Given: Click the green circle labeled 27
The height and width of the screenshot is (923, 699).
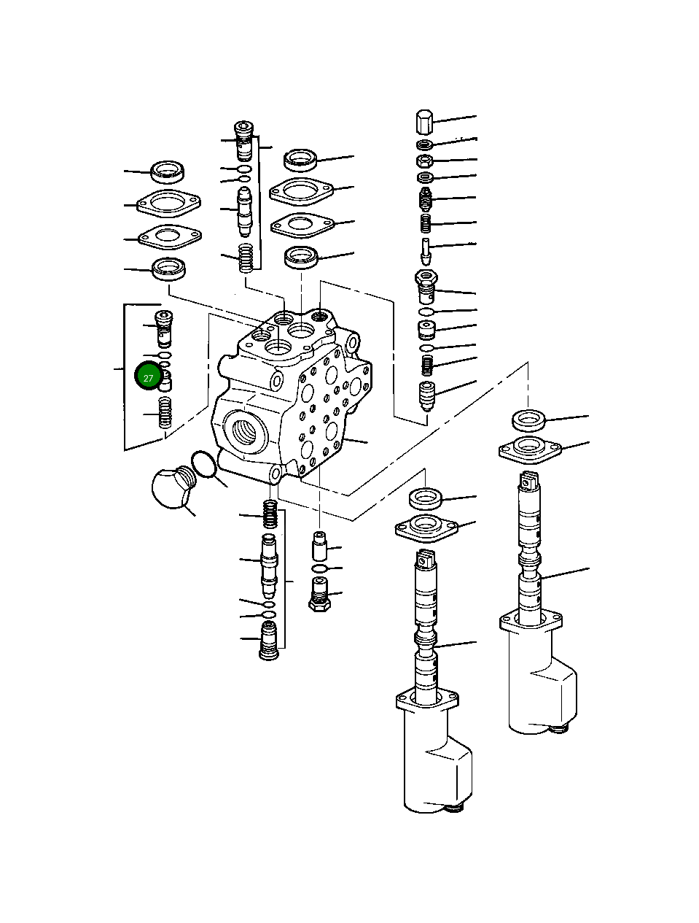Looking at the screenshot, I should (148, 376).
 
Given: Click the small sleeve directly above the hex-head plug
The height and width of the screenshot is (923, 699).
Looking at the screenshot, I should (320, 544).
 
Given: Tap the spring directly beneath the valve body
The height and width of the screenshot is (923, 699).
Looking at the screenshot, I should (270, 515).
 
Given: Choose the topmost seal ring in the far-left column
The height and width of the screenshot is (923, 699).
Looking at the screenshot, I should (168, 172).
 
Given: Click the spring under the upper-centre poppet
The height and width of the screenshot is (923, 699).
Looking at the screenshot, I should (246, 258).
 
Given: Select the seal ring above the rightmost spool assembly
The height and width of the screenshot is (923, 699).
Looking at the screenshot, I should (529, 420).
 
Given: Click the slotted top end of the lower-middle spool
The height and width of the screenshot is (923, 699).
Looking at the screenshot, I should (425, 560).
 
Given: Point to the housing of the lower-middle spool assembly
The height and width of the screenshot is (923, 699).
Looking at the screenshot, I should (437, 766).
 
